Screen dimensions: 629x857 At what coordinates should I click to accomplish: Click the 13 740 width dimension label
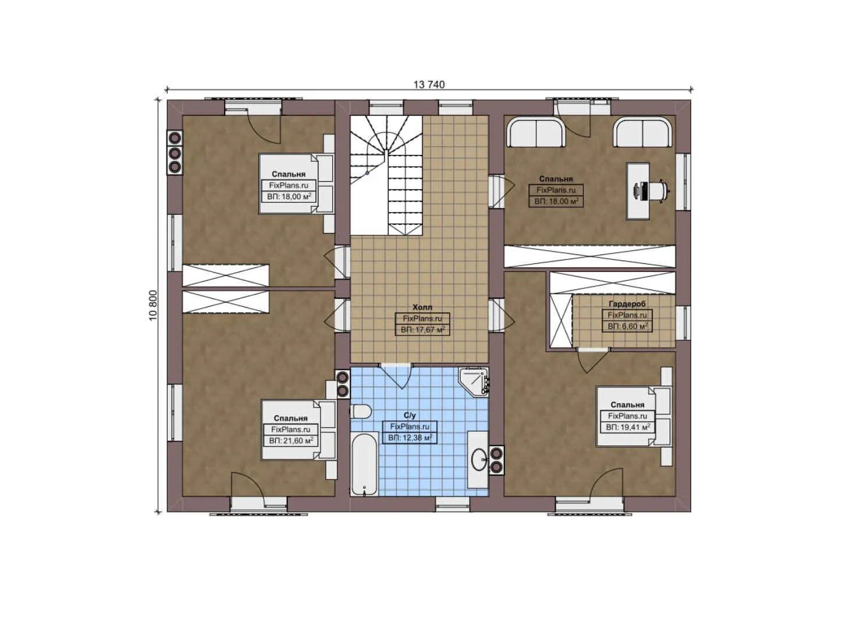coord(429,84)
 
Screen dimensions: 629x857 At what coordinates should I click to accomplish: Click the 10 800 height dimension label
coord(153,305)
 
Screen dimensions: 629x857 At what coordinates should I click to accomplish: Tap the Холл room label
coord(422,307)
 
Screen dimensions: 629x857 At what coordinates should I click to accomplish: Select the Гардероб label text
coord(627,304)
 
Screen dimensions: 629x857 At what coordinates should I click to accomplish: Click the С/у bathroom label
coord(410,415)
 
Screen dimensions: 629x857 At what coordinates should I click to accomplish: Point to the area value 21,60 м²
coord(291,441)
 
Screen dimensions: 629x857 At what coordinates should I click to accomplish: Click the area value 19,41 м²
coord(628,427)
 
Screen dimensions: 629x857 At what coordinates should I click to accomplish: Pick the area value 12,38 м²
coord(410,437)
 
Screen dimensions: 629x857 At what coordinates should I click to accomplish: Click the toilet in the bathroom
coord(361,412)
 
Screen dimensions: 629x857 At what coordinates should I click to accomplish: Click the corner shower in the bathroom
coord(474,381)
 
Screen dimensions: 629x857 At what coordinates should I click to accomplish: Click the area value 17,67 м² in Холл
coord(422,330)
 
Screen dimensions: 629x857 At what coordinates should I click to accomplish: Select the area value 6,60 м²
coord(627,326)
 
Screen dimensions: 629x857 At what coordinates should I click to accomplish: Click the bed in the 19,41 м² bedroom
coord(634,416)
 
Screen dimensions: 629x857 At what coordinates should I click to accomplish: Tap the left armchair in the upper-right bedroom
coord(536,133)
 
